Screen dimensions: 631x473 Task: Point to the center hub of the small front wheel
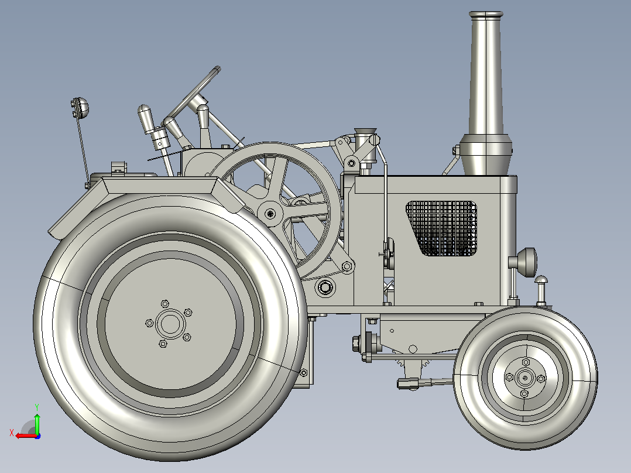524,378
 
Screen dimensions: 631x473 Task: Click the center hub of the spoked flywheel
270,214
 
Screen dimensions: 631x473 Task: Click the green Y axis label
37,407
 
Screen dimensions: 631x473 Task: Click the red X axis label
12,433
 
